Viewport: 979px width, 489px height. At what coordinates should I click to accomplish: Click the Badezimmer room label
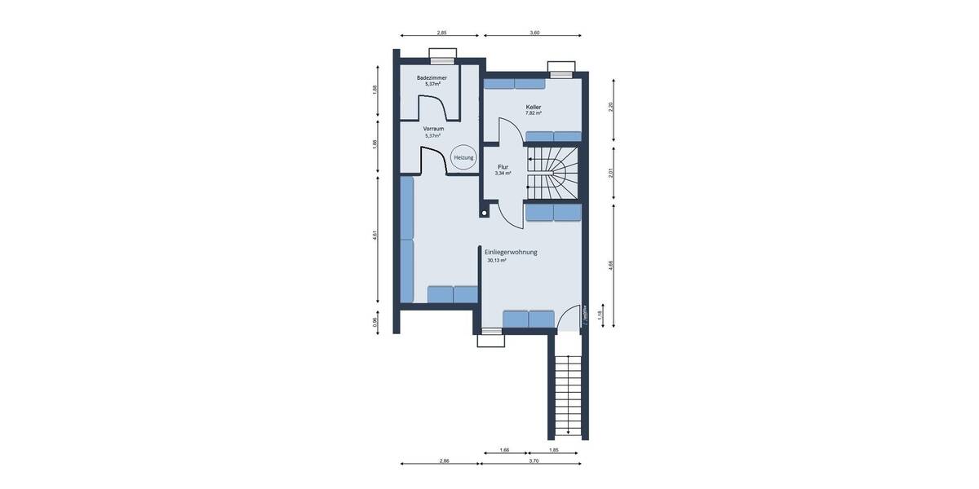tap(432, 77)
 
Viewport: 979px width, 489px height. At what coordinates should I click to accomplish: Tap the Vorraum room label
tap(433, 129)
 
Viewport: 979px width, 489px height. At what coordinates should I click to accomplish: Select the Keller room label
tap(534, 107)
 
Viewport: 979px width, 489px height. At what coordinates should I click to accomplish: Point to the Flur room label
tap(503, 166)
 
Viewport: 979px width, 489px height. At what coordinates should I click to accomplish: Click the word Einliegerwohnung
tap(511, 253)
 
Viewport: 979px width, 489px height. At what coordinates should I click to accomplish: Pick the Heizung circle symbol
tap(463, 157)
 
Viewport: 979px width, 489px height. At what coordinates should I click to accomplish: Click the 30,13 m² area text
tap(497, 261)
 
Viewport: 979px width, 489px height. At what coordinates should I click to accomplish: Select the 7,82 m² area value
tap(534, 113)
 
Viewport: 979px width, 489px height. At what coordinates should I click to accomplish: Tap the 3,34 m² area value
tap(503, 174)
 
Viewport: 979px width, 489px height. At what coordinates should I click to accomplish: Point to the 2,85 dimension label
tap(441, 33)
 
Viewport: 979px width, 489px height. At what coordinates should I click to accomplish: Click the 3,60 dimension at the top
tap(534, 33)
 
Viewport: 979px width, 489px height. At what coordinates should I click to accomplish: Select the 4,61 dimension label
tap(375, 236)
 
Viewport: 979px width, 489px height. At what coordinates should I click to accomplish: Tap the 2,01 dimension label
tap(610, 172)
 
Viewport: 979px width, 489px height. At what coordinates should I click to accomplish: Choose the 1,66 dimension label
tap(504, 451)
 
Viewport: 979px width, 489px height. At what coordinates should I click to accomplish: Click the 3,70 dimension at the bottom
tap(534, 461)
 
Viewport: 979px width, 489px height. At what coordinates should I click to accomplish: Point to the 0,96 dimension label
tap(375, 321)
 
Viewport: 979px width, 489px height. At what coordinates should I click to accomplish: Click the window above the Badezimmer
tap(443, 56)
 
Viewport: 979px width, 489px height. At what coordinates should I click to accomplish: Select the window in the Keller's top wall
tap(560, 69)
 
